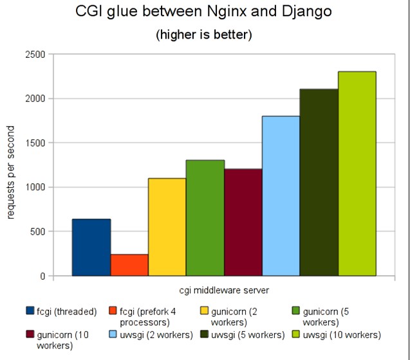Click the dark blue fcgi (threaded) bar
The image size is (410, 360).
pos(91,248)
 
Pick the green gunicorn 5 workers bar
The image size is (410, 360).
pos(205,218)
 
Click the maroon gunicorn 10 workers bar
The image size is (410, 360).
pos(243,222)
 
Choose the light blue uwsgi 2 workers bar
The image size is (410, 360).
pos(281,196)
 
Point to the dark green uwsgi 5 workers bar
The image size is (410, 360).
pos(319,183)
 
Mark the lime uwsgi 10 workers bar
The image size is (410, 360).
pos(357,174)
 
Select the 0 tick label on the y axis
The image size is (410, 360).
pos(42,276)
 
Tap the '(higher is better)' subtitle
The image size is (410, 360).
pos(204,34)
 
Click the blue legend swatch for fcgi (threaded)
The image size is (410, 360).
pos(30,312)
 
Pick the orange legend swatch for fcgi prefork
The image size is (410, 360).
pos(115,312)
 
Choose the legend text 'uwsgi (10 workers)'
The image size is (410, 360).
pos(342,334)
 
